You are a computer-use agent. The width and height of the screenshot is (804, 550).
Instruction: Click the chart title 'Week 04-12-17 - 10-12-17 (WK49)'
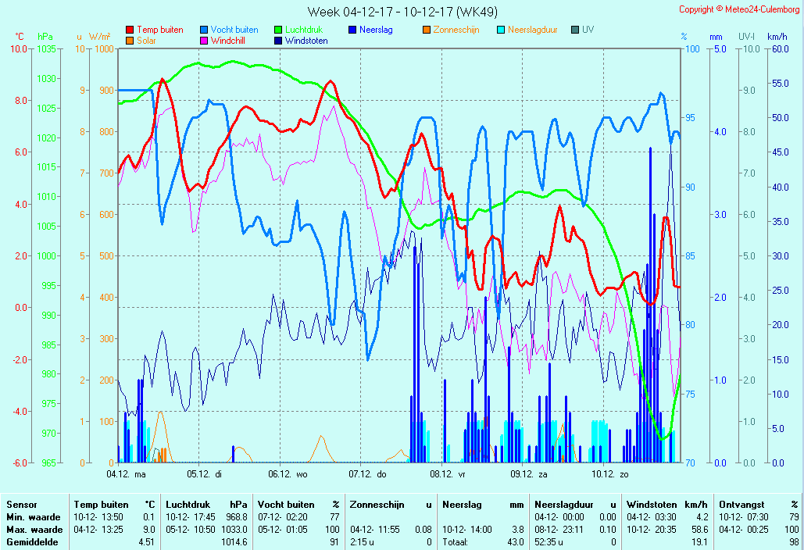(x=402, y=12)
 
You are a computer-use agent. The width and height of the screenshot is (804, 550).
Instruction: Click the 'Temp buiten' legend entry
(x=159, y=30)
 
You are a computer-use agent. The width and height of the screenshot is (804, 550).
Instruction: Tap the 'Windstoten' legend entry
(x=306, y=41)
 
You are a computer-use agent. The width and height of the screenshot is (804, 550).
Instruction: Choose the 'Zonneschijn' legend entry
(x=456, y=30)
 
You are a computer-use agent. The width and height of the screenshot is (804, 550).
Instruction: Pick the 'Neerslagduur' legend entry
(x=532, y=30)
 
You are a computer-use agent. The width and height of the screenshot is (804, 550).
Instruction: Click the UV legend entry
(x=588, y=30)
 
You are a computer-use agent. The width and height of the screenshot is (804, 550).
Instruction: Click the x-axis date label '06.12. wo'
(x=288, y=473)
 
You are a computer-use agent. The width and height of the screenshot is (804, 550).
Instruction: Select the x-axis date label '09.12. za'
(x=529, y=473)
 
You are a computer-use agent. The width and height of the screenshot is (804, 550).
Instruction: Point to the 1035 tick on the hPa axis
(x=46, y=48)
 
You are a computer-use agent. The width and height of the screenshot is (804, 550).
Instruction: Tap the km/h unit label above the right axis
(x=777, y=37)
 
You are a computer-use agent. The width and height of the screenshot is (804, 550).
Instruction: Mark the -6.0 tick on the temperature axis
(x=19, y=462)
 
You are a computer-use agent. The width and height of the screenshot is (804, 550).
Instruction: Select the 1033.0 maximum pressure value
(x=234, y=530)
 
